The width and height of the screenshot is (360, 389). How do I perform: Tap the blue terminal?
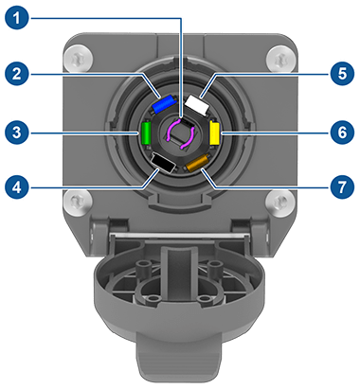point(164,101)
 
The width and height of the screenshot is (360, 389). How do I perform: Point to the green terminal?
point(147,133)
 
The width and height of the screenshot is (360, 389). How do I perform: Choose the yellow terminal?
point(214,133)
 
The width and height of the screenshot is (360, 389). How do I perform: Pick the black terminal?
point(164,165)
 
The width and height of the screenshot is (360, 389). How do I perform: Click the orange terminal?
point(197,165)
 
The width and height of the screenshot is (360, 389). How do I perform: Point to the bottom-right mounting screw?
point(279,201)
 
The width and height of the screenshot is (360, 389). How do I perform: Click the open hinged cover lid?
point(180,284)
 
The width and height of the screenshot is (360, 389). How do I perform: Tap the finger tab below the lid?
point(180,364)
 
